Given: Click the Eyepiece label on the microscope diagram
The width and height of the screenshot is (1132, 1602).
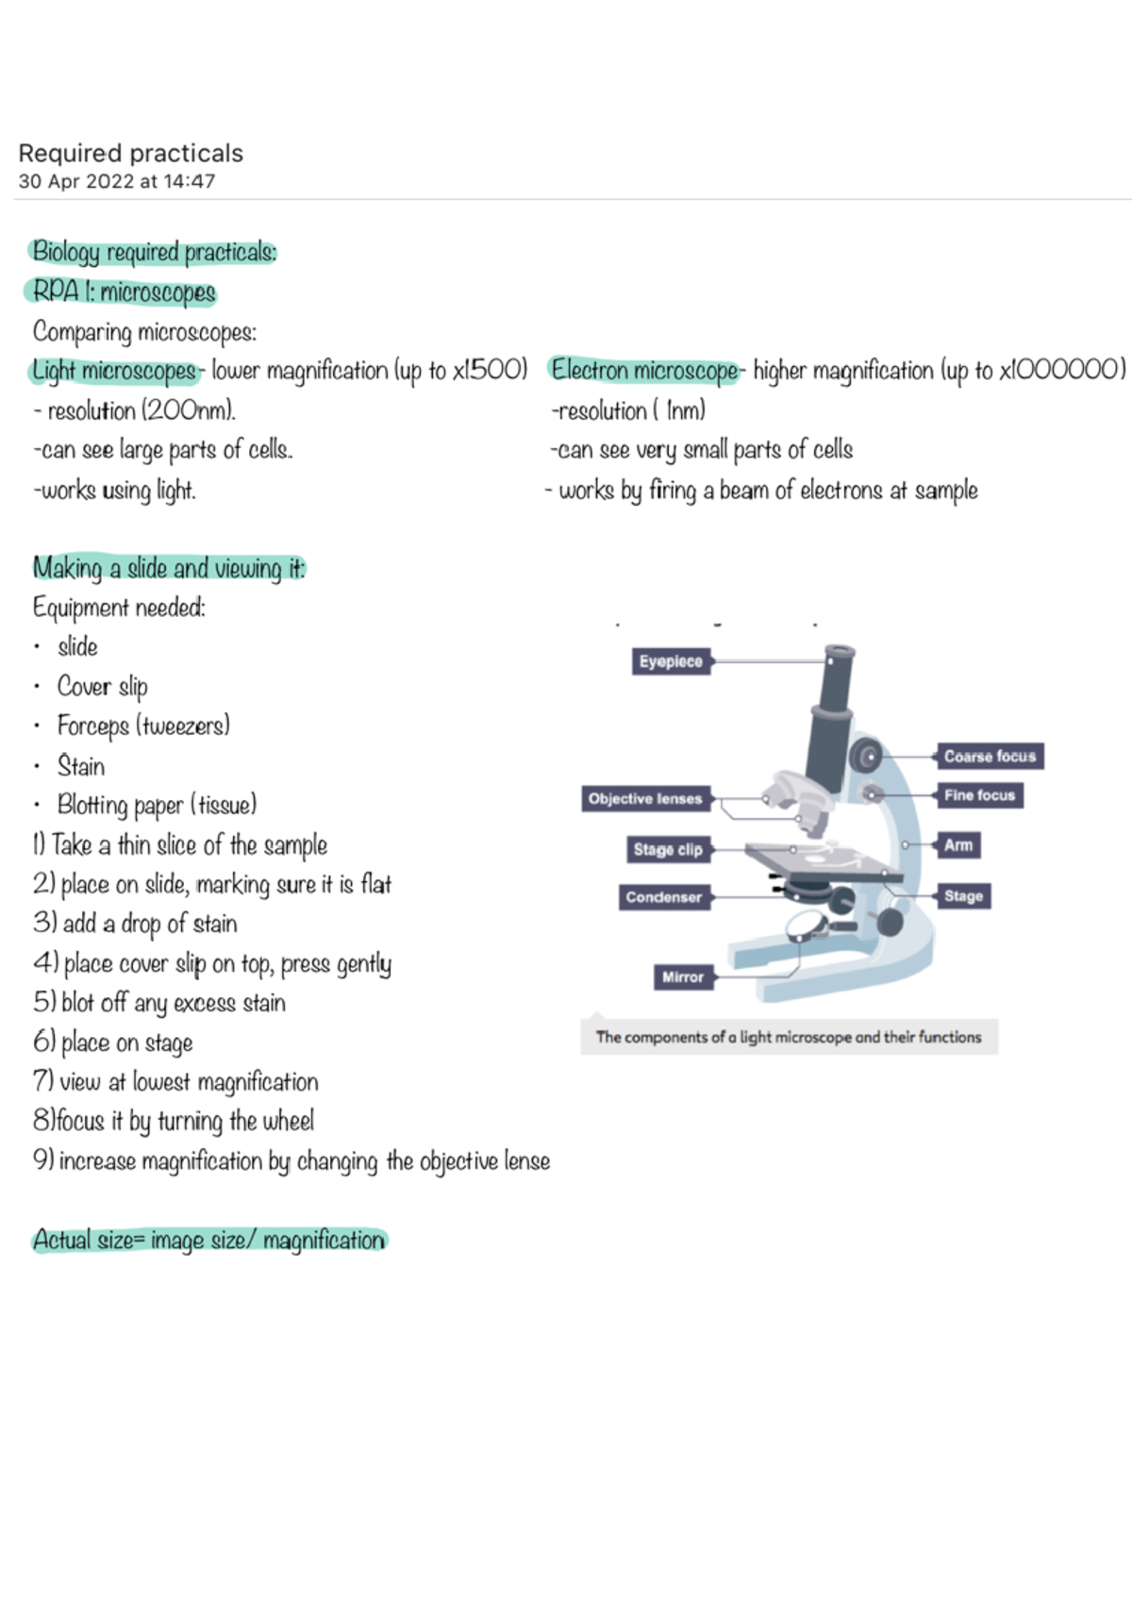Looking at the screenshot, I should click(x=670, y=661).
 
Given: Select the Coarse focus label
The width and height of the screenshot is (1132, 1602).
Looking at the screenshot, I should click(x=990, y=756).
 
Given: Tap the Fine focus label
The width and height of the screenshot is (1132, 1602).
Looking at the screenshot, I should click(x=979, y=795).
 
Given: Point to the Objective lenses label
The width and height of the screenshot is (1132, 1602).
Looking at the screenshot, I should click(x=645, y=799).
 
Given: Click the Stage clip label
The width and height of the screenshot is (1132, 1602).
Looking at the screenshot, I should click(x=667, y=849).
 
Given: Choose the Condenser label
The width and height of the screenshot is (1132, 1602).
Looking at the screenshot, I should click(x=663, y=897).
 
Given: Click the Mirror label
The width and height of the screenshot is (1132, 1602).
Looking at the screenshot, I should click(x=682, y=977).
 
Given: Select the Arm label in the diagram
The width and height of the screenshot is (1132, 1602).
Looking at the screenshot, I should click(x=957, y=845).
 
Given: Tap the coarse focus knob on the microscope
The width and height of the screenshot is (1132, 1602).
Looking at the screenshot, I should click(x=865, y=756).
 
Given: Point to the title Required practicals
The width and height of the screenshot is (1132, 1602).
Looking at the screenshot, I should click(x=131, y=153).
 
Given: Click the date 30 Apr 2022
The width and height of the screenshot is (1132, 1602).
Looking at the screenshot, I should click(x=75, y=181).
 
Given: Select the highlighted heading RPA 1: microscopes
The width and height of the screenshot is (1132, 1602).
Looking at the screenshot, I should click(x=124, y=292).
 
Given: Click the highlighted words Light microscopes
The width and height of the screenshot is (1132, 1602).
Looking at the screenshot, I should click(x=114, y=371).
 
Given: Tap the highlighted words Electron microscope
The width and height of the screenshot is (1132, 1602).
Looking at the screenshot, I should click(x=644, y=370).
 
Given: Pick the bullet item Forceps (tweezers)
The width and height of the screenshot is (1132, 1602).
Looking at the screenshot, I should click(x=143, y=726).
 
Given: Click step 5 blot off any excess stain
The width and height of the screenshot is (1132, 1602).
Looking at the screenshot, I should click(x=160, y=1002).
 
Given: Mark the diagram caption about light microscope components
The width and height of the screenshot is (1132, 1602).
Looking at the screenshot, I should click(x=788, y=1037).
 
